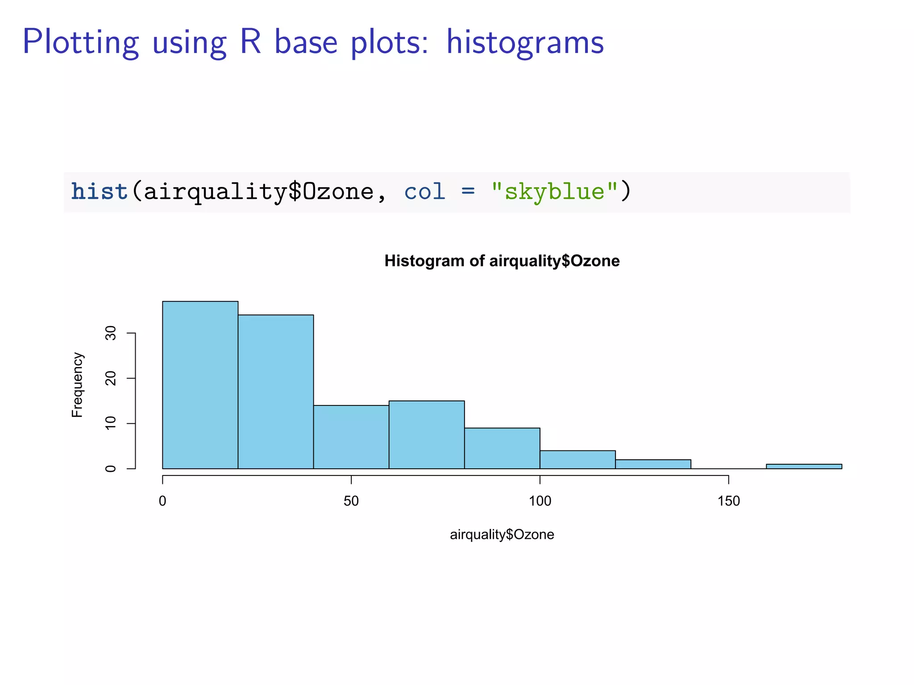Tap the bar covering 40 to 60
(x=351, y=437)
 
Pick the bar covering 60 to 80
(x=426, y=435)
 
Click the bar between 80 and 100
(x=502, y=448)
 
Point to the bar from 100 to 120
(x=577, y=460)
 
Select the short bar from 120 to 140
(x=653, y=464)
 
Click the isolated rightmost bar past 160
(x=804, y=466)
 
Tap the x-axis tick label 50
(x=351, y=501)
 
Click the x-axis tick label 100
(x=540, y=501)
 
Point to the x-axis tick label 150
(x=728, y=501)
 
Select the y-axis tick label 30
(x=111, y=333)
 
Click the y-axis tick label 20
(x=111, y=378)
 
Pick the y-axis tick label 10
(x=111, y=423)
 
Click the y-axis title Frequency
(x=77, y=385)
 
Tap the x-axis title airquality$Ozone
(x=502, y=534)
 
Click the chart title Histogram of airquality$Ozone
(x=502, y=261)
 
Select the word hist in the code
(x=100, y=192)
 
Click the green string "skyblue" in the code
(x=554, y=192)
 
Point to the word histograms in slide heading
(x=525, y=42)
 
